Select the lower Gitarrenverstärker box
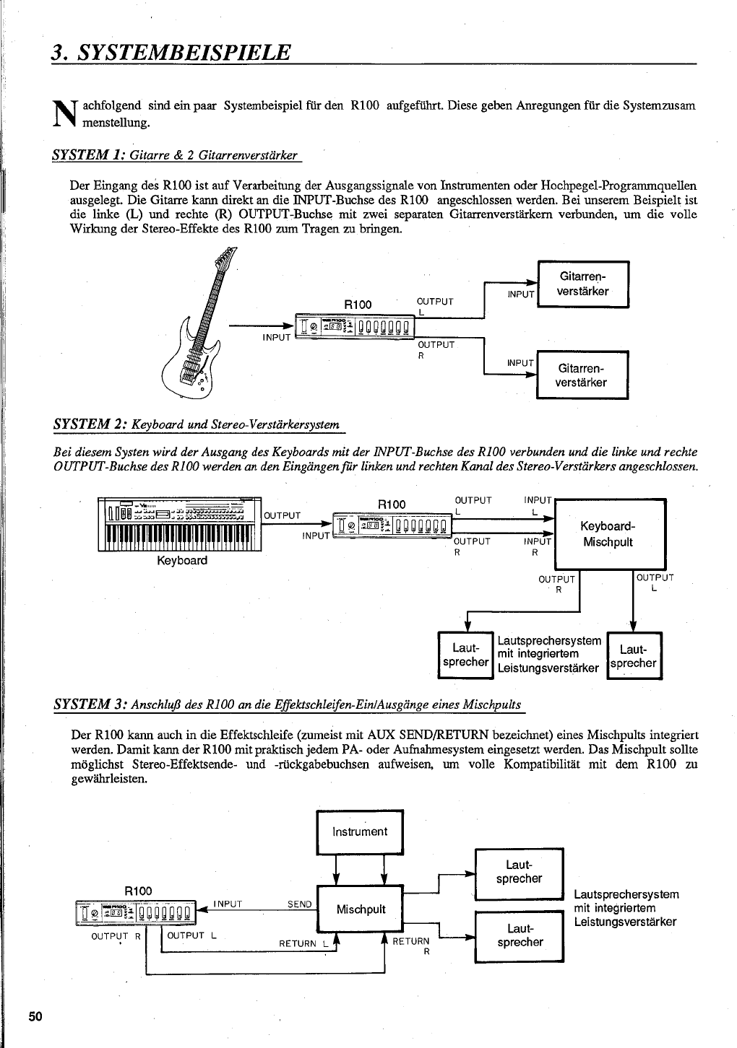(582, 375)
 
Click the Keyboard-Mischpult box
(608, 534)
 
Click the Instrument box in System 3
(359, 832)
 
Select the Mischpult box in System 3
(360, 909)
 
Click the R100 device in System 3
(135, 912)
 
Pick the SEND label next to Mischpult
(300, 904)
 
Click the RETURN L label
(303, 943)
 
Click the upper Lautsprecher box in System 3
(519, 873)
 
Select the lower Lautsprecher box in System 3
(519, 935)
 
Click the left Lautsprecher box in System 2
(465, 655)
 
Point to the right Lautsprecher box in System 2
(634, 655)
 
